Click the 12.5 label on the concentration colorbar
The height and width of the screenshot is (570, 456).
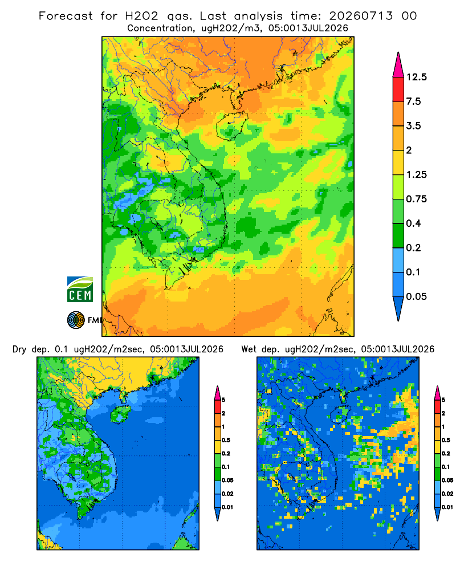point(416,77)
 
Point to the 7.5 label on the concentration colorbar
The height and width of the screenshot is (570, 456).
point(413,101)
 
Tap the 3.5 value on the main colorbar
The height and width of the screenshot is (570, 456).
point(413,126)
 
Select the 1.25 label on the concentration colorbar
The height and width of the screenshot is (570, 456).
point(416,174)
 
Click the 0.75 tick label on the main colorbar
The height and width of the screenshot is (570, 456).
point(416,199)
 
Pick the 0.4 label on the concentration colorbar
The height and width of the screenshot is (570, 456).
point(413,223)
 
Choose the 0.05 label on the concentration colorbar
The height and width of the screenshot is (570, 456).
point(416,296)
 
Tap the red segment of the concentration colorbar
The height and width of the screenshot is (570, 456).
point(398,89)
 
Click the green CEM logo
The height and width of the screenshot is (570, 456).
point(80,290)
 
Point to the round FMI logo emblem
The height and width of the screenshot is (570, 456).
point(76,320)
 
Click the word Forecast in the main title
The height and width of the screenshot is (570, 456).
point(66,16)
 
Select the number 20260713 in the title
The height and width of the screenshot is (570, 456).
point(361,16)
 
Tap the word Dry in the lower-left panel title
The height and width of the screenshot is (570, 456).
point(19,349)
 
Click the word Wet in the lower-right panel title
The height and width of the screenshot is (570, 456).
point(249,349)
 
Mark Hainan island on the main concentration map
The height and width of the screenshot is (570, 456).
point(232,125)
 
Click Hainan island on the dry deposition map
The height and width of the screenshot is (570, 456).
point(120,414)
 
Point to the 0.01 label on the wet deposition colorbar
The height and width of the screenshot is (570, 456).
point(447,507)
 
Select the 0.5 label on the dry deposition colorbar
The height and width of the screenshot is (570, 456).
point(226,440)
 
